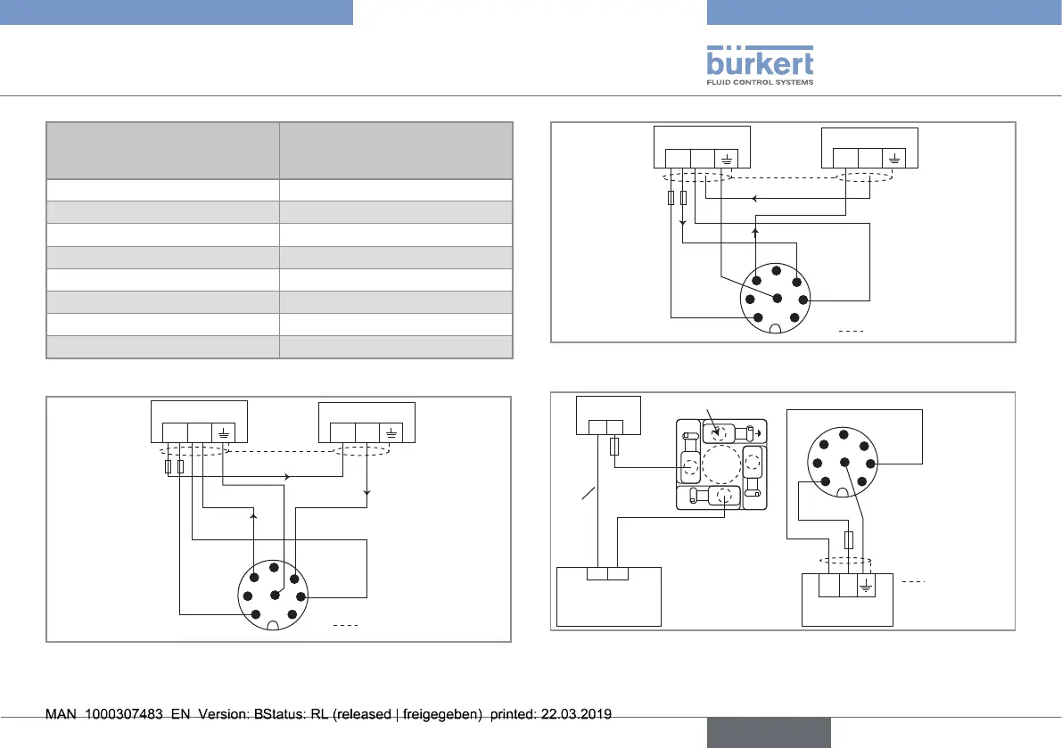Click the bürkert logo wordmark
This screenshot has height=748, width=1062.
pos(760,63)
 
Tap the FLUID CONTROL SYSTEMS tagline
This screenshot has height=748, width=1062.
pos(760,82)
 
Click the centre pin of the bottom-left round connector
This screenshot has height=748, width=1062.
pos(273,592)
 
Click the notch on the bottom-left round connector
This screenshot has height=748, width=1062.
pos(273,624)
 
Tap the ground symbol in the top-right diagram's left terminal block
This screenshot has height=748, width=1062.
pos(727,160)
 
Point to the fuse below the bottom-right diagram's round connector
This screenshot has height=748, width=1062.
pos(849,539)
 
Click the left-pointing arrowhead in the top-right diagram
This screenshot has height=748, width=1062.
pos(754,199)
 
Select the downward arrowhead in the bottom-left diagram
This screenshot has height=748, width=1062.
pos(367,492)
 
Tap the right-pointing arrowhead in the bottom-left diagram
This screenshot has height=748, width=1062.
pos(287,477)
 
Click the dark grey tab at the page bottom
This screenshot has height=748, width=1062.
pos(769,732)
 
